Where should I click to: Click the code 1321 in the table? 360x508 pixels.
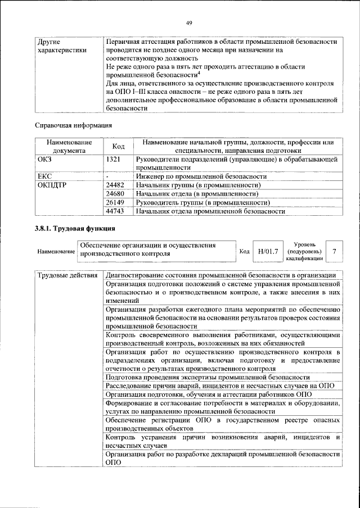click(x=113, y=160)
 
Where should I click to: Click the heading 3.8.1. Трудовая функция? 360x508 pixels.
click(x=76, y=229)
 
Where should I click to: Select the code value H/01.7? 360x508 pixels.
click(x=268, y=251)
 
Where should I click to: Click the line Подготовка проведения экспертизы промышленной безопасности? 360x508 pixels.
click(x=208, y=377)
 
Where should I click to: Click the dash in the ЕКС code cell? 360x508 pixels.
click(x=107, y=176)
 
